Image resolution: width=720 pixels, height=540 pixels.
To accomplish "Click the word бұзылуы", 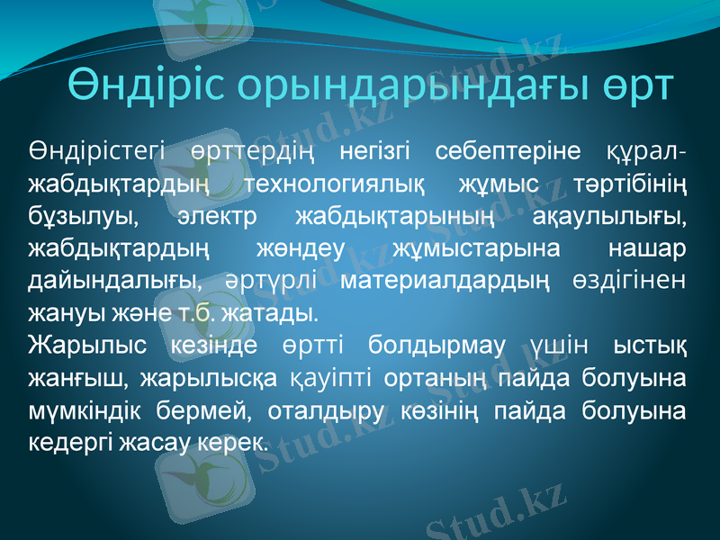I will coord(83,216).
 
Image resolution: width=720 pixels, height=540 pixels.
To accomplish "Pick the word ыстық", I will coord(650,346).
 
